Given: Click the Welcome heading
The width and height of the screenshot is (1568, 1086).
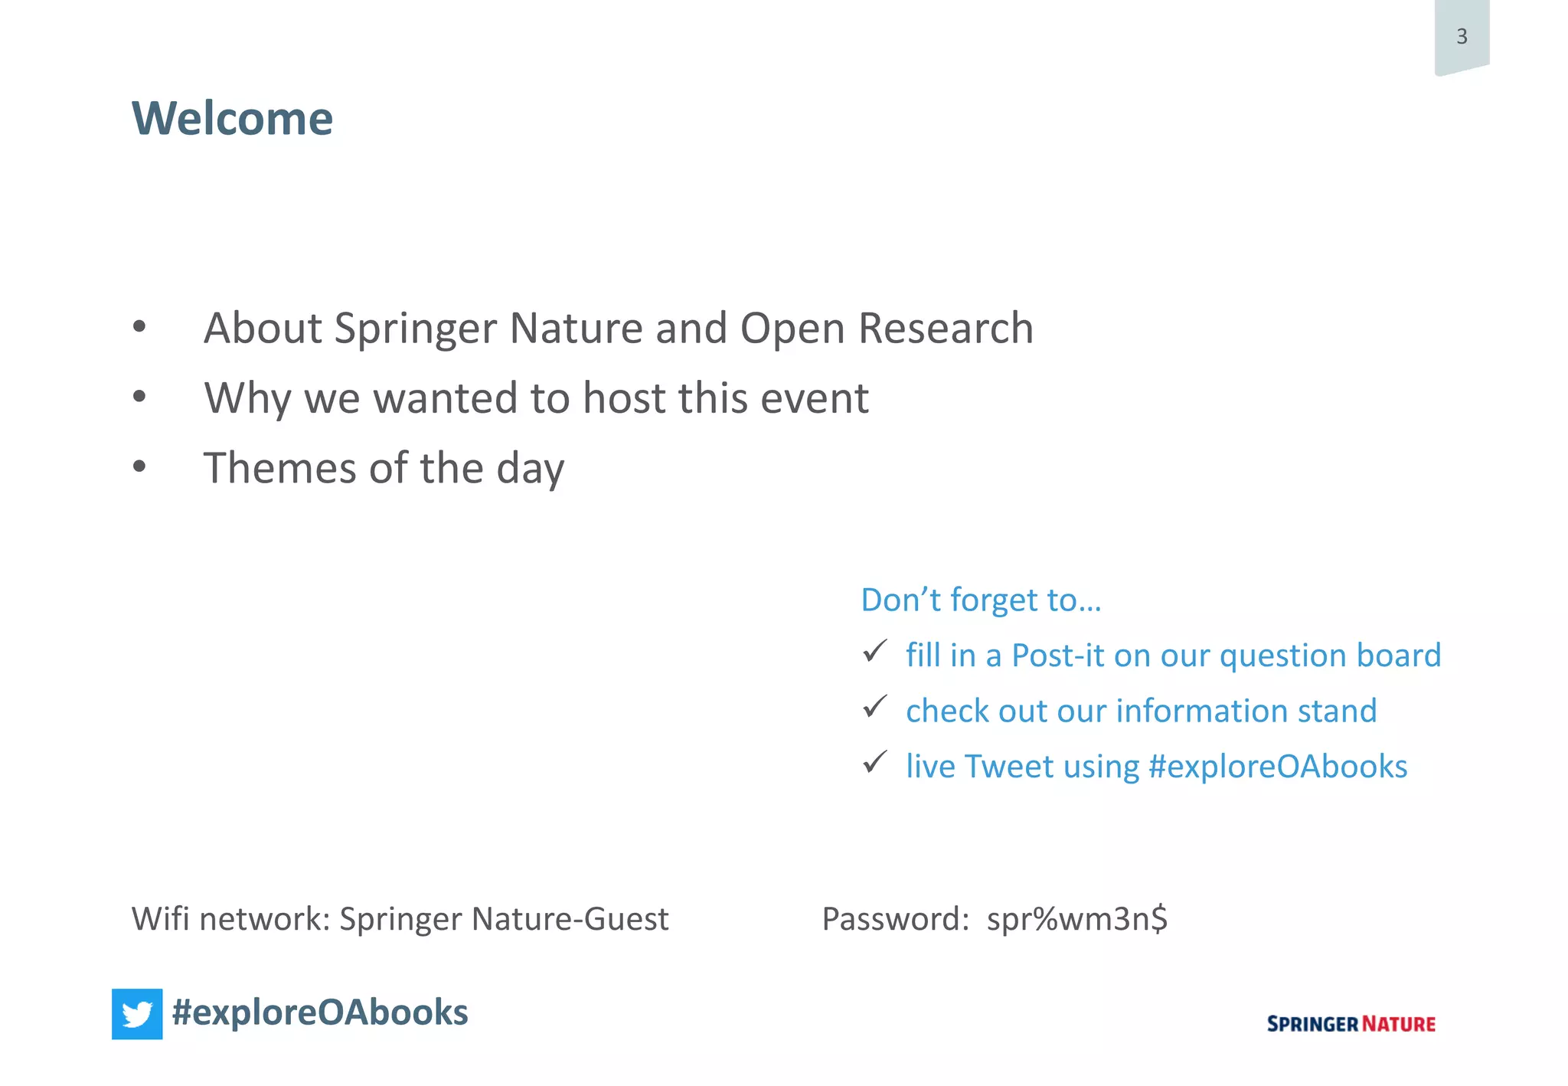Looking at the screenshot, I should point(232,119).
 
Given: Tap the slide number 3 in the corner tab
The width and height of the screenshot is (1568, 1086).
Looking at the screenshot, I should point(1462,36).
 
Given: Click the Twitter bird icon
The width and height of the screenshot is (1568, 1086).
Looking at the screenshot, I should point(137,1014).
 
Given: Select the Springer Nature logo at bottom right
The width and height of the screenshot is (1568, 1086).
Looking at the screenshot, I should point(1351,1024).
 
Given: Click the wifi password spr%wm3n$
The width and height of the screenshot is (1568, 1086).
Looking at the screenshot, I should point(1076,919).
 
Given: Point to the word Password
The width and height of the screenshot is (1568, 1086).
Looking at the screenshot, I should point(894,919).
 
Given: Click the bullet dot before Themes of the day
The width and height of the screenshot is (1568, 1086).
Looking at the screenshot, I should point(139,466).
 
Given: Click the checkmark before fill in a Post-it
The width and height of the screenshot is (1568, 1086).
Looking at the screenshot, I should point(874,651).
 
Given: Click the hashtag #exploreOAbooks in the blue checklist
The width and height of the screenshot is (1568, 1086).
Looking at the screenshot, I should point(1278,767).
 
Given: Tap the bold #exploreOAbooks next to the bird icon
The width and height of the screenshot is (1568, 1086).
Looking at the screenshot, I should point(320,1012).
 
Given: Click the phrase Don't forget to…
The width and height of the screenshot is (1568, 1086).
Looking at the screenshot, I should point(981,600).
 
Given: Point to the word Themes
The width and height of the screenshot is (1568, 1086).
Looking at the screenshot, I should point(279,468).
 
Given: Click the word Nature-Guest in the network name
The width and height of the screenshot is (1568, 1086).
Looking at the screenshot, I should point(570,919).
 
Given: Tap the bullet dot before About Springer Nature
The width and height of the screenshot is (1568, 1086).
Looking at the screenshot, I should point(139,326).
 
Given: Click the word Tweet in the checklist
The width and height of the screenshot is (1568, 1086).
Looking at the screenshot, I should point(1008,767).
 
